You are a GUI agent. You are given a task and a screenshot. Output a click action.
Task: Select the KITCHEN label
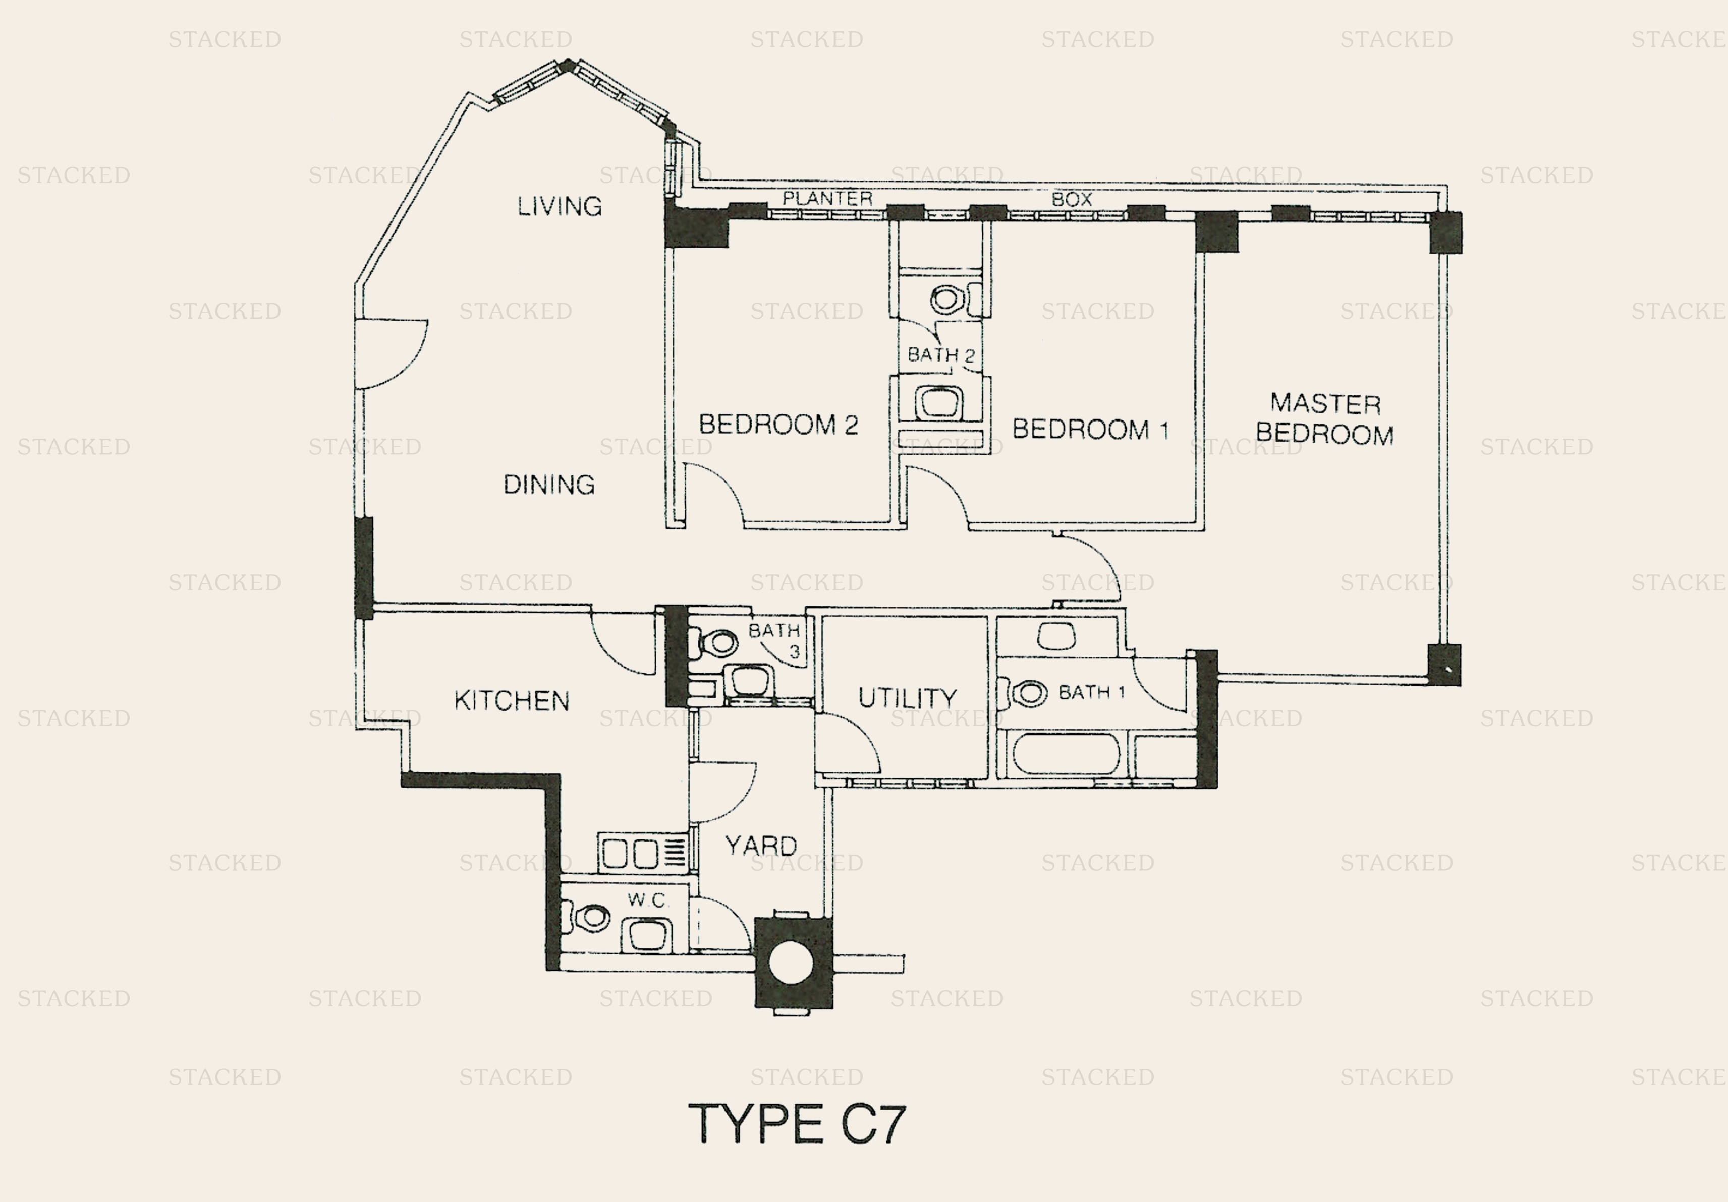[511, 700]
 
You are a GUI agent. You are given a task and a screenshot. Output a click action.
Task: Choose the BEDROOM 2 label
[778, 424]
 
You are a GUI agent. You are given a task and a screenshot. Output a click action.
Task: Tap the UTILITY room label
[907, 697]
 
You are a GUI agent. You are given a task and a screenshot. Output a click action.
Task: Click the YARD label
[761, 846]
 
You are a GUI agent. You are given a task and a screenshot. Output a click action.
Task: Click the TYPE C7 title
[797, 1124]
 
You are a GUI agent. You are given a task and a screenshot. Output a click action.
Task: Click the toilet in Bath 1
[1022, 693]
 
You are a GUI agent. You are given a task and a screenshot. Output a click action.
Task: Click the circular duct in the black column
[792, 964]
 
